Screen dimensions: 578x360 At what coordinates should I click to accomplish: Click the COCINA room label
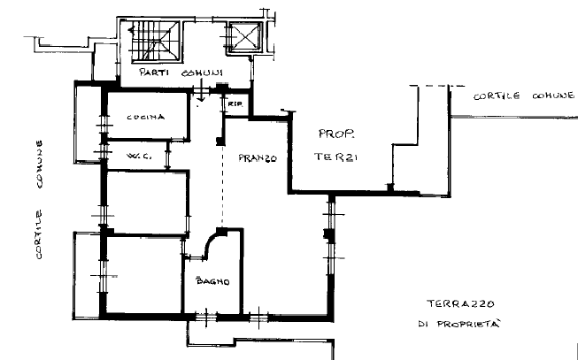[145, 118]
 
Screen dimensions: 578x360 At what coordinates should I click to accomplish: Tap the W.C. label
[139, 157]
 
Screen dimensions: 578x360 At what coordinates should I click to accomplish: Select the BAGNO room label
[213, 281]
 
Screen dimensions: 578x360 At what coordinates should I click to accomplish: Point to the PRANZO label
[258, 158]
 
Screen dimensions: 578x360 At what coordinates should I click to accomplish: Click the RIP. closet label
[235, 104]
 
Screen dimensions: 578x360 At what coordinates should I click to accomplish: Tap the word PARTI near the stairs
[154, 72]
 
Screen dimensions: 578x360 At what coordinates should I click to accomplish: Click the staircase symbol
[155, 41]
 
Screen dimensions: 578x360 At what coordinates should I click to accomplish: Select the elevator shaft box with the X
[245, 36]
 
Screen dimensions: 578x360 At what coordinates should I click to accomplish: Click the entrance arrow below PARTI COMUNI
[201, 95]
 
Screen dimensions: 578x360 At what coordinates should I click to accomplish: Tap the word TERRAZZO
[461, 304]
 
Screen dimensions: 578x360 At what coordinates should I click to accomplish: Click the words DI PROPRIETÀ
[459, 324]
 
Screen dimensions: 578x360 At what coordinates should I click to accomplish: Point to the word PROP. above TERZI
[336, 134]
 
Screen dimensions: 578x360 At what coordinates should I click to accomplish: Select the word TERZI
[335, 157]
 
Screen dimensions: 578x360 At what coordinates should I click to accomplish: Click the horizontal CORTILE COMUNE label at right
[524, 96]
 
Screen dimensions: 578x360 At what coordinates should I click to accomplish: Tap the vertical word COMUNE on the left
[39, 165]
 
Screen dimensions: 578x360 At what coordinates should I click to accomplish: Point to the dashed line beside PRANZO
[222, 186]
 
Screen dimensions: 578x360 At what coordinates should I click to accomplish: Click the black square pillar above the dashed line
[220, 142]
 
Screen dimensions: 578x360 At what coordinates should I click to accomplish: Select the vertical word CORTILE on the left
[39, 234]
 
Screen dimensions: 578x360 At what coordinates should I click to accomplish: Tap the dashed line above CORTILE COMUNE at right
[437, 86]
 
